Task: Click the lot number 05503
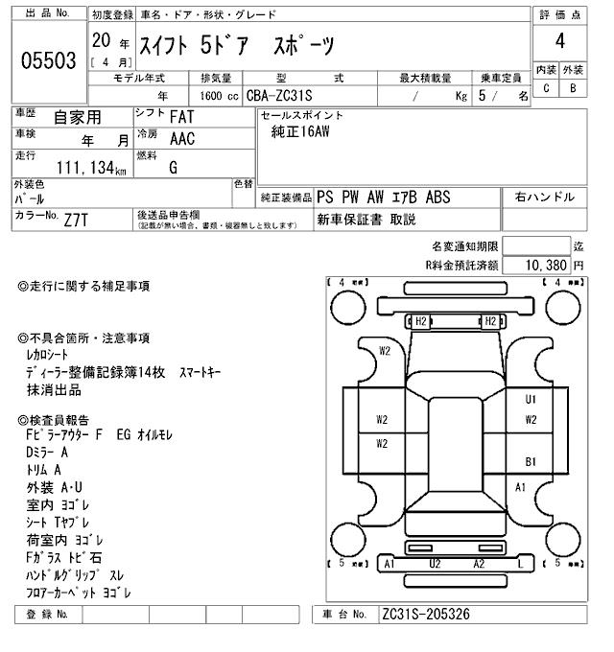tap(48, 61)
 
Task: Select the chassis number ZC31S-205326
tap(425, 615)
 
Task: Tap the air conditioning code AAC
tap(181, 139)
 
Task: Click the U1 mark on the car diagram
tap(531, 399)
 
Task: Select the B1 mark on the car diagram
tap(531, 461)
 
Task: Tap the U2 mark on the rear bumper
tap(435, 564)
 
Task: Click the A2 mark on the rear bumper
tap(479, 564)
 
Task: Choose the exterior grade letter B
tap(573, 89)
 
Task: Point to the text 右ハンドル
tap(545, 197)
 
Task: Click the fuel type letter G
tap(174, 167)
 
